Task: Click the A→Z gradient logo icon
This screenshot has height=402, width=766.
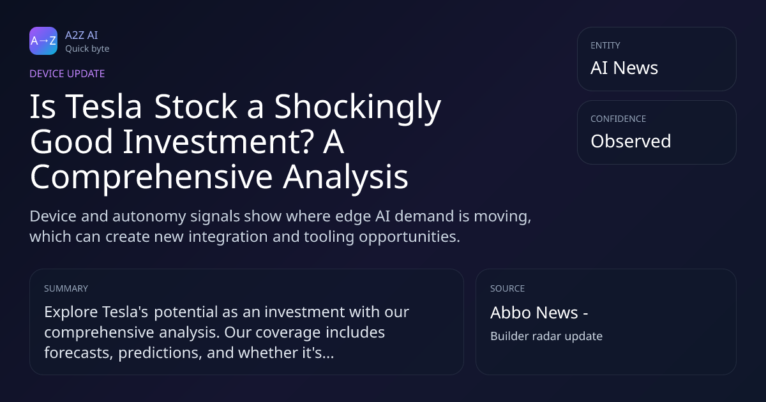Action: click(x=43, y=41)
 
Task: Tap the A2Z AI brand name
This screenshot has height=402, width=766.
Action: click(x=82, y=35)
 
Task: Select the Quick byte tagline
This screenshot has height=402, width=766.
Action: click(x=87, y=49)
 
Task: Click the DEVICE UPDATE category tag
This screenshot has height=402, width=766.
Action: click(x=67, y=74)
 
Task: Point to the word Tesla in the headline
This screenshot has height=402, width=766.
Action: click(x=103, y=107)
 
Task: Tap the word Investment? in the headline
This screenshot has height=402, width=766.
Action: click(x=218, y=142)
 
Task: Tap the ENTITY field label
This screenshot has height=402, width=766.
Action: click(x=605, y=45)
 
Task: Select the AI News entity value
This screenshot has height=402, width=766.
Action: click(x=624, y=68)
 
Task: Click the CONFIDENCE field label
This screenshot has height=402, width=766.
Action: click(x=619, y=119)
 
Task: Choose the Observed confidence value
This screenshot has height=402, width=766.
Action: click(x=631, y=141)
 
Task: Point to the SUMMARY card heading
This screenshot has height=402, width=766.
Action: click(x=66, y=288)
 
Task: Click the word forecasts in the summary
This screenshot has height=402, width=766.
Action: click(x=79, y=353)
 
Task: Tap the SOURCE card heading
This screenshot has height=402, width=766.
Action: click(x=507, y=288)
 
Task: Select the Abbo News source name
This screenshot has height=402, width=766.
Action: click(x=534, y=313)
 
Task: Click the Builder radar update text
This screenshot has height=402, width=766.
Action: click(x=546, y=336)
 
